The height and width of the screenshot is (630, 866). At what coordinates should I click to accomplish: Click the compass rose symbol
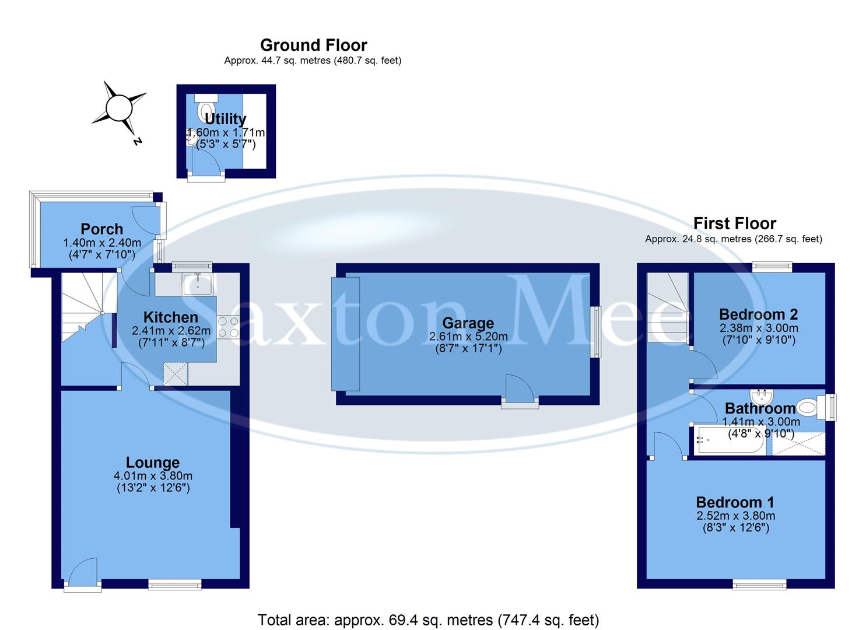tap(119, 108)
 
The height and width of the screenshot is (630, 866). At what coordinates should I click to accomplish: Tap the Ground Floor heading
tap(313, 45)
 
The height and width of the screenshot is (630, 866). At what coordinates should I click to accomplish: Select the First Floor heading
tap(734, 223)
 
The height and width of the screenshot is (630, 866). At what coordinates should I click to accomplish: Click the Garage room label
tap(468, 323)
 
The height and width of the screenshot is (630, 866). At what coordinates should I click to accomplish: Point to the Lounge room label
tap(153, 463)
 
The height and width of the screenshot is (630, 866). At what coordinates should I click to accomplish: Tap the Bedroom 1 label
tap(735, 502)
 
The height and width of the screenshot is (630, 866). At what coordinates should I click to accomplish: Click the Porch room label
tap(101, 229)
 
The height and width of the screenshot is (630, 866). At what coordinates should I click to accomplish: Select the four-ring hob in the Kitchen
tap(229, 327)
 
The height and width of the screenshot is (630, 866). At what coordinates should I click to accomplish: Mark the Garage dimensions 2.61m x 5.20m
tap(468, 337)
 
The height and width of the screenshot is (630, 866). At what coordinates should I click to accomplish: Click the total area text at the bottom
tap(429, 619)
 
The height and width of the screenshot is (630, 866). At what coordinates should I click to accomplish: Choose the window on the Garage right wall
tap(596, 332)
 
